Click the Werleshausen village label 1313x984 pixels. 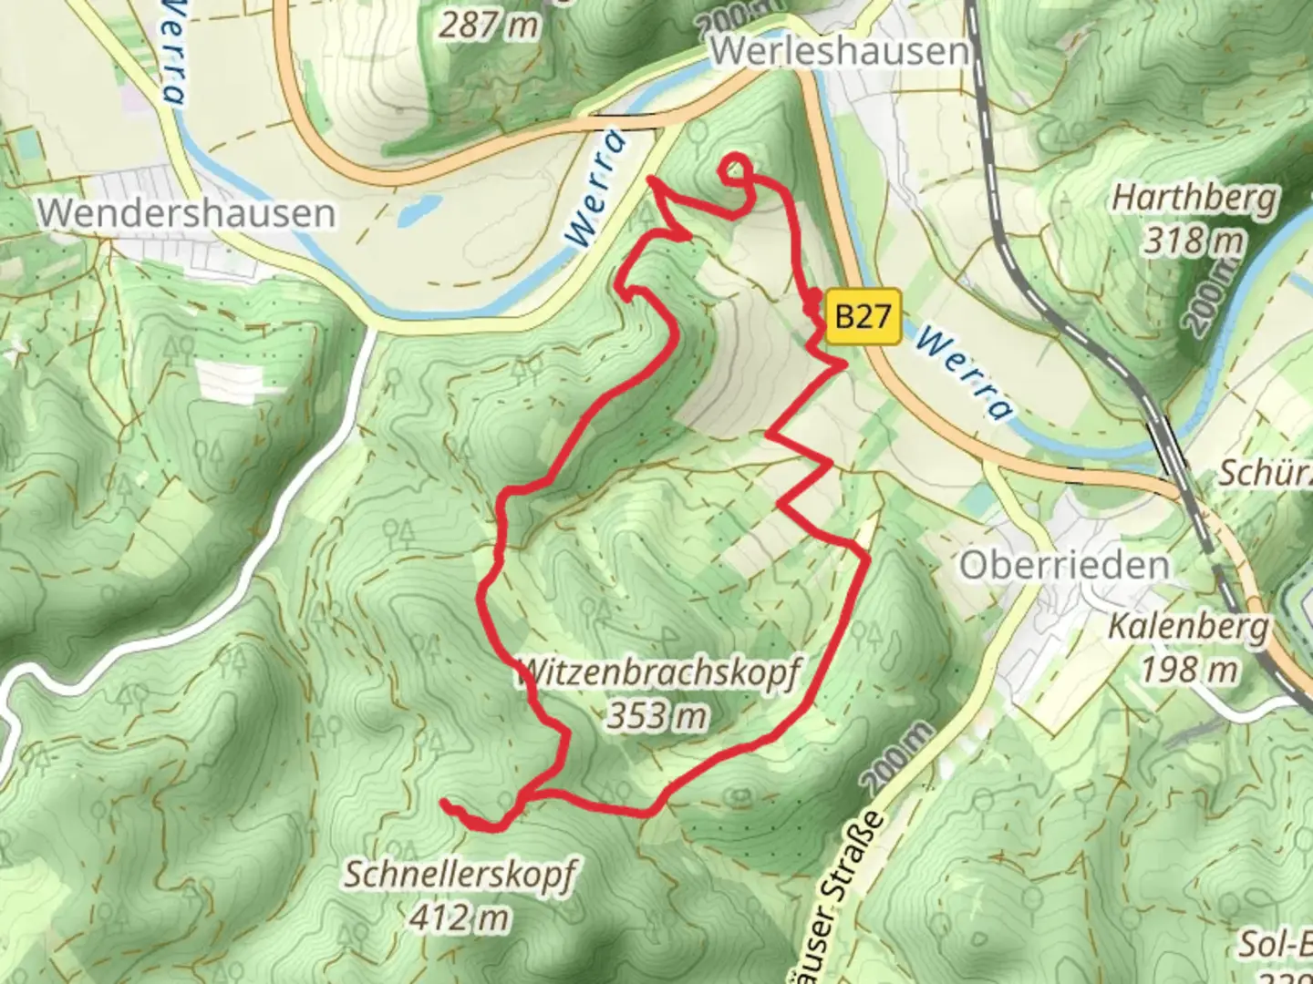838,50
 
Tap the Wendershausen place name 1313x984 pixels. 187,213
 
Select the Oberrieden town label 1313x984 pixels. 1063,566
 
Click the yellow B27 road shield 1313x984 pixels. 863,316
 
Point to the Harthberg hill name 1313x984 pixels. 1195,198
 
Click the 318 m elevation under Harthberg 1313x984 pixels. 1194,241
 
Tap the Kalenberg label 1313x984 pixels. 1188,628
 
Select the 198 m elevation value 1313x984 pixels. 1189,670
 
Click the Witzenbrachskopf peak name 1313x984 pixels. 657,674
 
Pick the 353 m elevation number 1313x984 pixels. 656,716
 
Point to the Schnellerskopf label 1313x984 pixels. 460,875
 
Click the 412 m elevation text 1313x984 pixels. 459,917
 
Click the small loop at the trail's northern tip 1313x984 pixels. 737,168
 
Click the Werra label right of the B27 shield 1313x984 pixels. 963,374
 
